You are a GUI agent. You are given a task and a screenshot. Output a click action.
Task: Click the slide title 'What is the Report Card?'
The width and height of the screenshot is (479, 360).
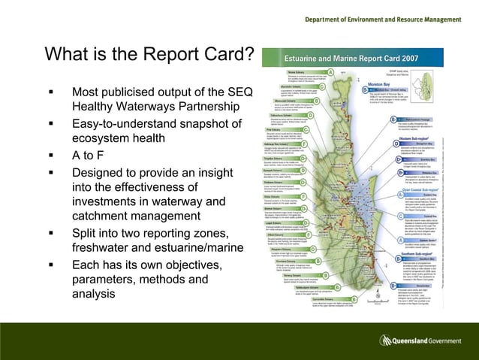click(x=149, y=55)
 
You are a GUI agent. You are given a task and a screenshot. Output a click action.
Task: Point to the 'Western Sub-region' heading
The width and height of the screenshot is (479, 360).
click(x=409, y=138)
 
